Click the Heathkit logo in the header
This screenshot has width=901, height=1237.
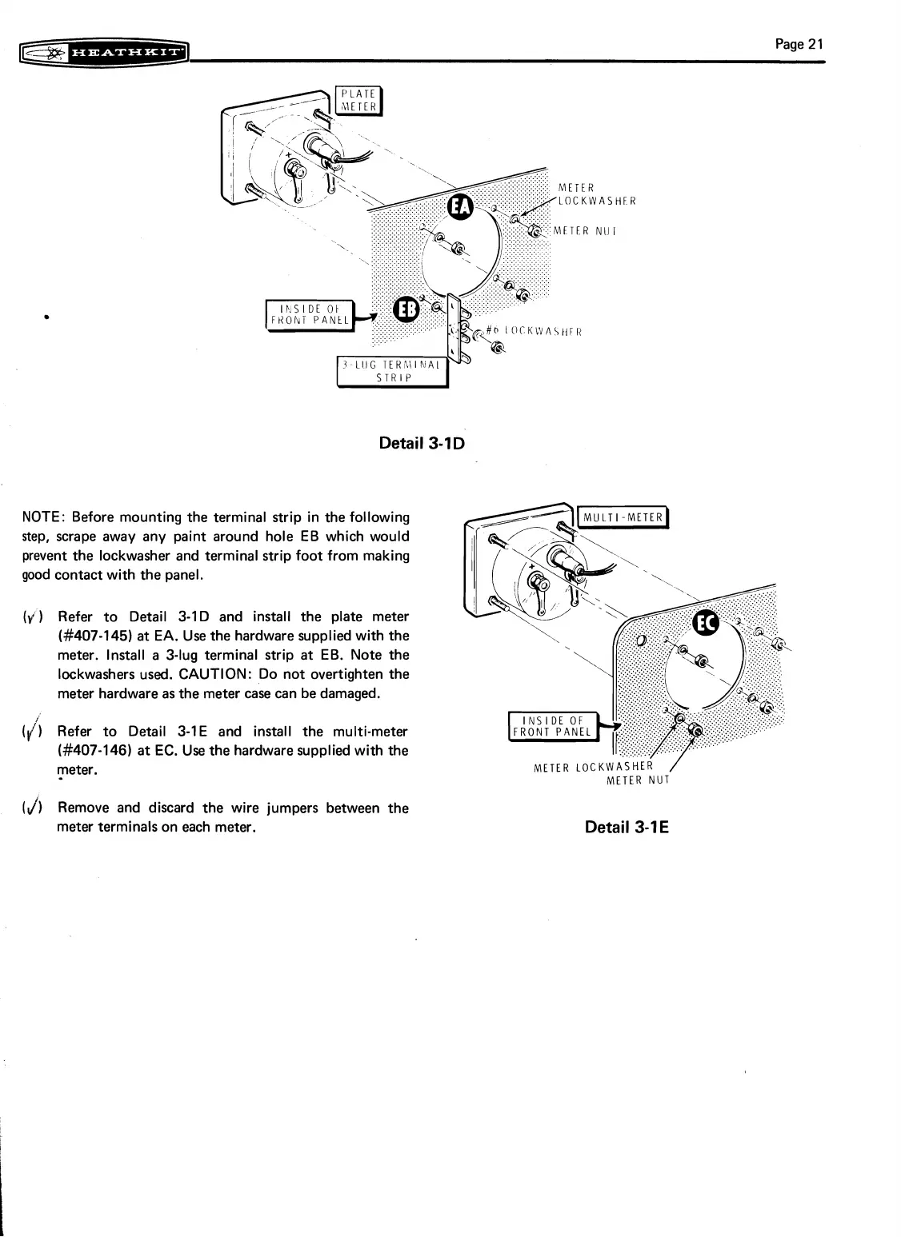tap(106, 54)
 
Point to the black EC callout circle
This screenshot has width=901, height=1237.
tap(706, 624)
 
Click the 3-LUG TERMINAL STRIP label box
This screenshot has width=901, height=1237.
tap(392, 372)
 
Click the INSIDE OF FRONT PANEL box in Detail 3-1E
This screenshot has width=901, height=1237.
tap(553, 725)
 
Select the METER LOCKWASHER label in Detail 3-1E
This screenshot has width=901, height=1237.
tap(593, 768)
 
